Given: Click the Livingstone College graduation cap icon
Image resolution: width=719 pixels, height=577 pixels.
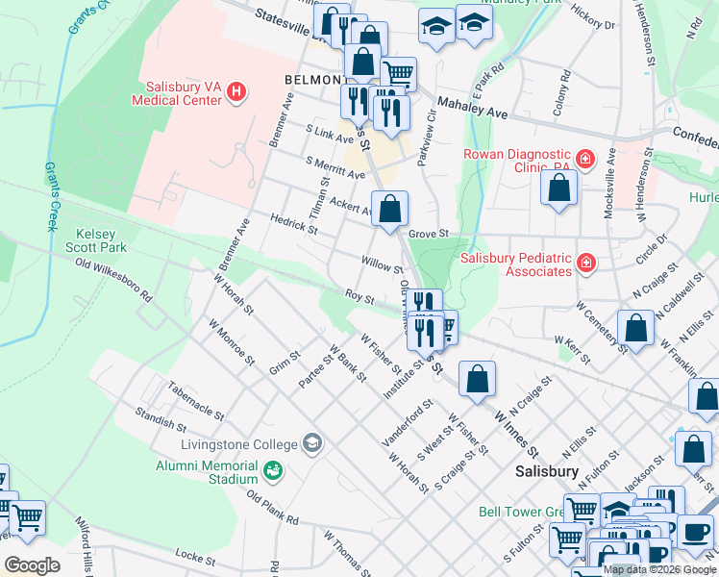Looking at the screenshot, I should tap(311, 443).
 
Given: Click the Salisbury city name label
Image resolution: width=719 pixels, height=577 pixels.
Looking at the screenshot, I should tap(546, 471).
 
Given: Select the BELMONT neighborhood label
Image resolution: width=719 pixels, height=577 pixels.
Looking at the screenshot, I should tap(314, 79).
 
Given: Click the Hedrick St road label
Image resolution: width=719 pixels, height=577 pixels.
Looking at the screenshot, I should tap(293, 225).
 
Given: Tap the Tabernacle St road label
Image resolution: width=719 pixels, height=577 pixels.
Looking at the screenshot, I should tap(195, 401).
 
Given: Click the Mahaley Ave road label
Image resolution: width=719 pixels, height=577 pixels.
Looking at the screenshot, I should tap(472, 108).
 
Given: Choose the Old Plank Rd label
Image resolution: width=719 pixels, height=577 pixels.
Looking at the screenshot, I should tap(272, 509).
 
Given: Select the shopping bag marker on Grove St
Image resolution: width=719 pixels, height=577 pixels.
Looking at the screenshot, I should tap(389, 209).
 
